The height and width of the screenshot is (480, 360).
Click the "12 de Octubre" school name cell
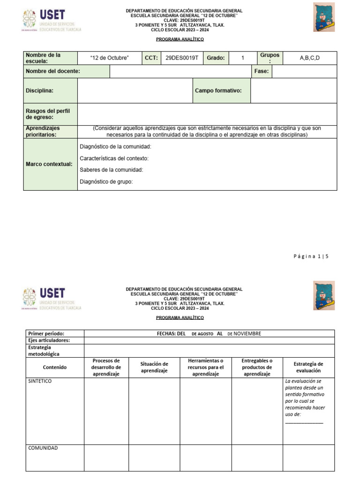pyautogui.click(x=109, y=58)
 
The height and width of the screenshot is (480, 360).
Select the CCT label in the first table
pyautogui.click(x=151, y=58)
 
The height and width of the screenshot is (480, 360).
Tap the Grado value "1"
pyautogui.click(x=243, y=58)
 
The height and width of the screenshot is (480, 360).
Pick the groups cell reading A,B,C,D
pyautogui.click(x=309, y=58)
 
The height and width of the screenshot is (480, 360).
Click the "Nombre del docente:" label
pyautogui.click(x=52, y=71)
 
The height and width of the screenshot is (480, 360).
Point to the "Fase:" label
pyautogui.click(x=261, y=71)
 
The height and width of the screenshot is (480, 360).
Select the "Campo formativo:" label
pyautogui.click(x=218, y=90)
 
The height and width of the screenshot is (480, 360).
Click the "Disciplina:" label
pyautogui.click(x=39, y=90)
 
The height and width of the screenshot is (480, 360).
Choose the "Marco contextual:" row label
pyautogui.click(x=49, y=164)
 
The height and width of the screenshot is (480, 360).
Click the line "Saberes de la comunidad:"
pyautogui.click(x=111, y=170)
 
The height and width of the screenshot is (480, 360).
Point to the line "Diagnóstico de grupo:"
pyautogui.click(x=106, y=182)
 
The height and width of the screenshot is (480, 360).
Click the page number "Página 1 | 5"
pyautogui.click(x=311, y=256)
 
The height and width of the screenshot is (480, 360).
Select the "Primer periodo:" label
pyautogui.click(x=46, y=333)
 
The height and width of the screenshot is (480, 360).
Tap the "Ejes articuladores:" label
pyautogui.click(x=49, y=340)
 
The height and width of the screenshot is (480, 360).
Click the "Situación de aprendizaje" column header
pyautogui.click(x=154, y=367)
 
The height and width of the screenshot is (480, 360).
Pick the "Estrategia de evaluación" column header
pyautogui.click(x=308, y=367)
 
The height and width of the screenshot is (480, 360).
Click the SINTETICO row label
pyautogui.click(x=40, y=381)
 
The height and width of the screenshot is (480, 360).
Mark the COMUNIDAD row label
pyautogui.click(x=43, y=448)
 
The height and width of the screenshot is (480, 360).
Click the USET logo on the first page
pyautogui.click(x=52, y=20)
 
